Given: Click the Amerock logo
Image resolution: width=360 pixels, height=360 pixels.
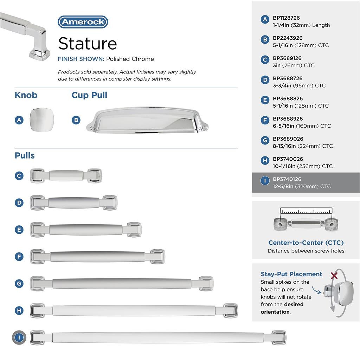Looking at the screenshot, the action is click(83, 22).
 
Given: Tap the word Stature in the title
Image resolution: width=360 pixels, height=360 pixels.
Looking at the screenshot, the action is click(88, 43).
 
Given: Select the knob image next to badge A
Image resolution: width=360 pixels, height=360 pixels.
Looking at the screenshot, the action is click(42, 120).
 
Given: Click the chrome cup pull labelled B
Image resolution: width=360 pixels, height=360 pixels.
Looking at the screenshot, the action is click(147, 120).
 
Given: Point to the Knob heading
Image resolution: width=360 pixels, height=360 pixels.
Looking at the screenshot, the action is click(26, 95).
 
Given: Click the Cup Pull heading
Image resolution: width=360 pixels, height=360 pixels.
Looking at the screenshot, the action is click(89, 95).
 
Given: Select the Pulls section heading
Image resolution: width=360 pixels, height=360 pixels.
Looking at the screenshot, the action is click(25, 155).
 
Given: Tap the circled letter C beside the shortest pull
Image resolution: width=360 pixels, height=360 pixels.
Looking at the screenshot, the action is click(19, 176).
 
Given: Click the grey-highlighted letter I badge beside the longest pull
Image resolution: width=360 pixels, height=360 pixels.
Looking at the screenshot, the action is click(19, 337).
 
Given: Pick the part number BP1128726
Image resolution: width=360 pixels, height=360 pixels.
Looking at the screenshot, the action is click(286, 18).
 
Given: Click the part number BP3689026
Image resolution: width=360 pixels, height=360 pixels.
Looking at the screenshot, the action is click(288, 139).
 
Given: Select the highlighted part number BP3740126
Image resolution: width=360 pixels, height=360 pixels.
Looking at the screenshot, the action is click(287, 179).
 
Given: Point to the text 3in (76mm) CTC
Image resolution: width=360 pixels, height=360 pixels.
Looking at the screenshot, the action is click(294, 65).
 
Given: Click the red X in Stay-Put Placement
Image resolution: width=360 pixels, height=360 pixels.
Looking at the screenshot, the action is click(334, 276).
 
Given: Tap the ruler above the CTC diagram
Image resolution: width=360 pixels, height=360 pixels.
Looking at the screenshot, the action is click(306, 211).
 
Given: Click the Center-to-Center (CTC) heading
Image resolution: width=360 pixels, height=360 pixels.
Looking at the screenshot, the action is click(306, 243).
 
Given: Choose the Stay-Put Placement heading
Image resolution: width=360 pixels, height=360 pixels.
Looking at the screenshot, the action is click(291, 274).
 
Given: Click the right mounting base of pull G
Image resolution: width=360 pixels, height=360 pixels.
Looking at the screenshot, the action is click(206, 284).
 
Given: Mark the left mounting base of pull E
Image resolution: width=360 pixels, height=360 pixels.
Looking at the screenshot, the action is click(38, 230).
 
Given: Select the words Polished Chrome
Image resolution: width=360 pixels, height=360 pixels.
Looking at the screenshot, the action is click(130, 59).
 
